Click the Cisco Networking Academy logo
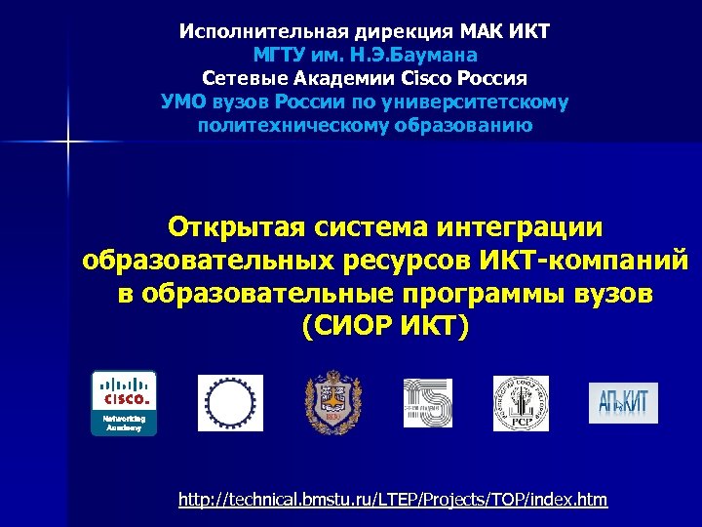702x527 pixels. (x=123, y=402)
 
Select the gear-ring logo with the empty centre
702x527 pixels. (x=230, y=402)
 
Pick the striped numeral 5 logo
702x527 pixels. (x=428, y=402)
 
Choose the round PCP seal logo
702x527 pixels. (x=521, y=402)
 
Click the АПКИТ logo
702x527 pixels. (x=623, y=402)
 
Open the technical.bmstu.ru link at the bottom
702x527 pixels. (x=392, y=500)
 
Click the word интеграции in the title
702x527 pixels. (x=519, y=227)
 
